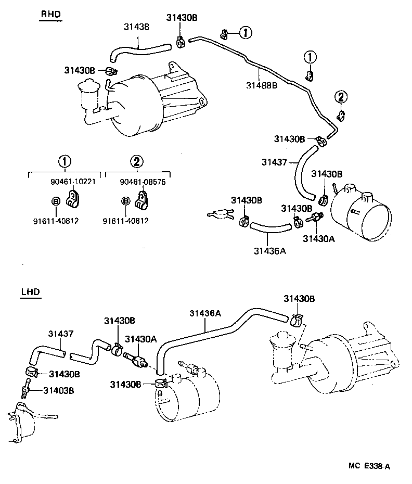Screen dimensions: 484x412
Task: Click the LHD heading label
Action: coord(30,292)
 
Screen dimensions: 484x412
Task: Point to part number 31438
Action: coord(136,26)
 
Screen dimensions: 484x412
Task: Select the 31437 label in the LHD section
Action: coord(60,333)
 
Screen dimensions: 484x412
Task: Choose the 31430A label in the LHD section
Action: coord(140,339)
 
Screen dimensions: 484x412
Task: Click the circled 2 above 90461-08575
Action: coord(137,161)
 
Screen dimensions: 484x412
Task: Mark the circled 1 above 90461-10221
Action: coord(65,161)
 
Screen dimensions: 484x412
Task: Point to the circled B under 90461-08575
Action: coord(125,201)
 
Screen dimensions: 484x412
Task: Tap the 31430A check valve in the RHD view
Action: coord(314,218)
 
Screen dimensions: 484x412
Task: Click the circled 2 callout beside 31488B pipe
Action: coord(341,96)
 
